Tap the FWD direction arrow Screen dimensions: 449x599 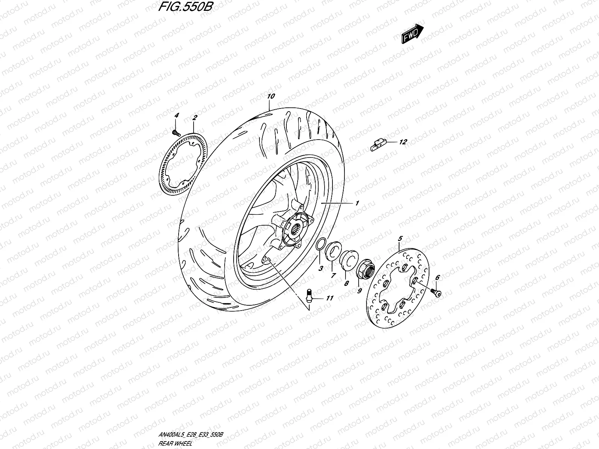(413, 34)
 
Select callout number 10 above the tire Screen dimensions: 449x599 (271, 96)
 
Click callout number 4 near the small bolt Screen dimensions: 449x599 (177, 118)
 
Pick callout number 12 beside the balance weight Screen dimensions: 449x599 (403, 142)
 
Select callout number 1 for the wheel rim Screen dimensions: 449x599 (357, 203)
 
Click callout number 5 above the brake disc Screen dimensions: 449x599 (399, 238)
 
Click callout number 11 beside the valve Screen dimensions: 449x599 (329, 298)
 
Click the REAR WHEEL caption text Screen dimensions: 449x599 (176, 443)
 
